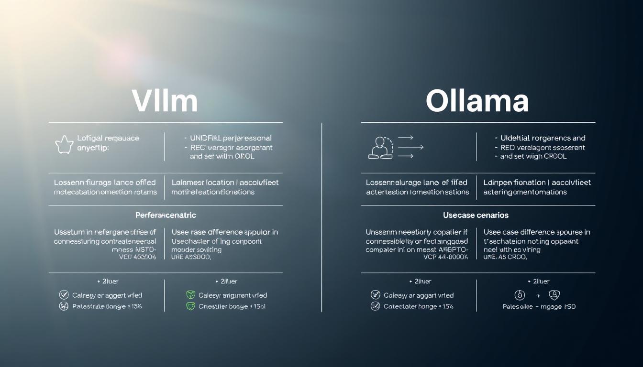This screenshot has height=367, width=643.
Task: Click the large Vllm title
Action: coord(164,101)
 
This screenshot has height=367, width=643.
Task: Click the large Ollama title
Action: coord(477,101)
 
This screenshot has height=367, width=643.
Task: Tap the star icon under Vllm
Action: coord(65,144)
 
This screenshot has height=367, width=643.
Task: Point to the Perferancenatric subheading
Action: coord(166,215)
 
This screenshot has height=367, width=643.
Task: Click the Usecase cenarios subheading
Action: coord(476,215)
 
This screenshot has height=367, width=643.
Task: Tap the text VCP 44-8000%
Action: coord(445,257)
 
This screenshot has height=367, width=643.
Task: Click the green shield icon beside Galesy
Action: coord(190,295)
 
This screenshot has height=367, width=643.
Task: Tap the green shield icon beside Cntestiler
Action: coord(190,306)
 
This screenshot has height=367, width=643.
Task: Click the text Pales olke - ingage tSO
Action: coord(539,306)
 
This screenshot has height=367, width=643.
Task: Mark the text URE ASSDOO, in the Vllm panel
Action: coord(191,257)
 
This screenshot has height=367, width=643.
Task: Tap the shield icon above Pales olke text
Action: coord(554,295)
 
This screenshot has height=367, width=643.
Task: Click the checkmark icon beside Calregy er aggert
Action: coord(64,295)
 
